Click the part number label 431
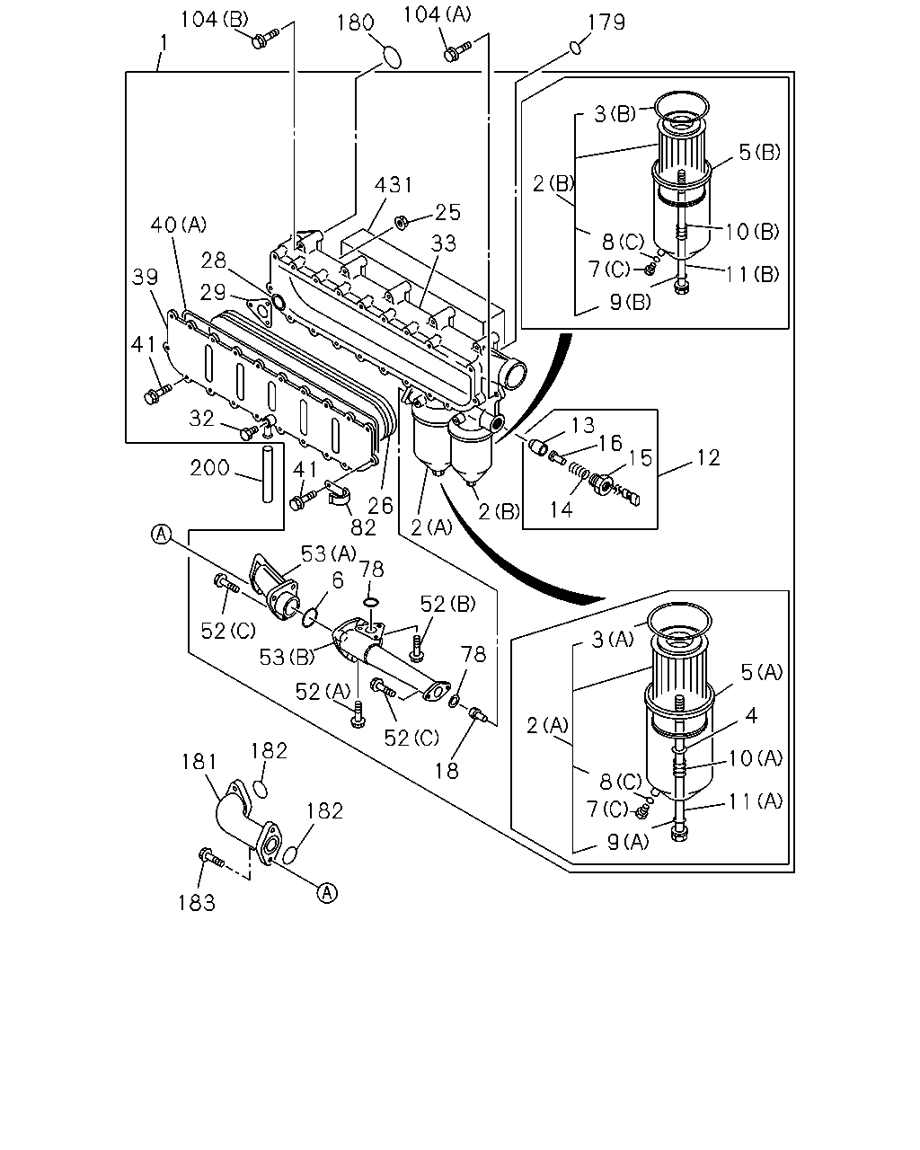coord(393,185)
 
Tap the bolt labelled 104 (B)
coord(265,39)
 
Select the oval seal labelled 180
coord(392,57)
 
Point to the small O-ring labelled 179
coord(575,48)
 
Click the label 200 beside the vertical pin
coord(209,468)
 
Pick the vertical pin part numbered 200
coord(268,473)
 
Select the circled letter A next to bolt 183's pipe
coord(327,893)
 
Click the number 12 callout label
coord(708,458)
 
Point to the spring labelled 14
coord(579,471)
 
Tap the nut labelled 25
coord(401,221)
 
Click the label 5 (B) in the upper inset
coord(758,153)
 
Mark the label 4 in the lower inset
coord(751,715)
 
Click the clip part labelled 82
coord(339,496)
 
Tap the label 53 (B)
coord(287,657)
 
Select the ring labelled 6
coord(309,618)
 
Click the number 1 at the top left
coord(164,43)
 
